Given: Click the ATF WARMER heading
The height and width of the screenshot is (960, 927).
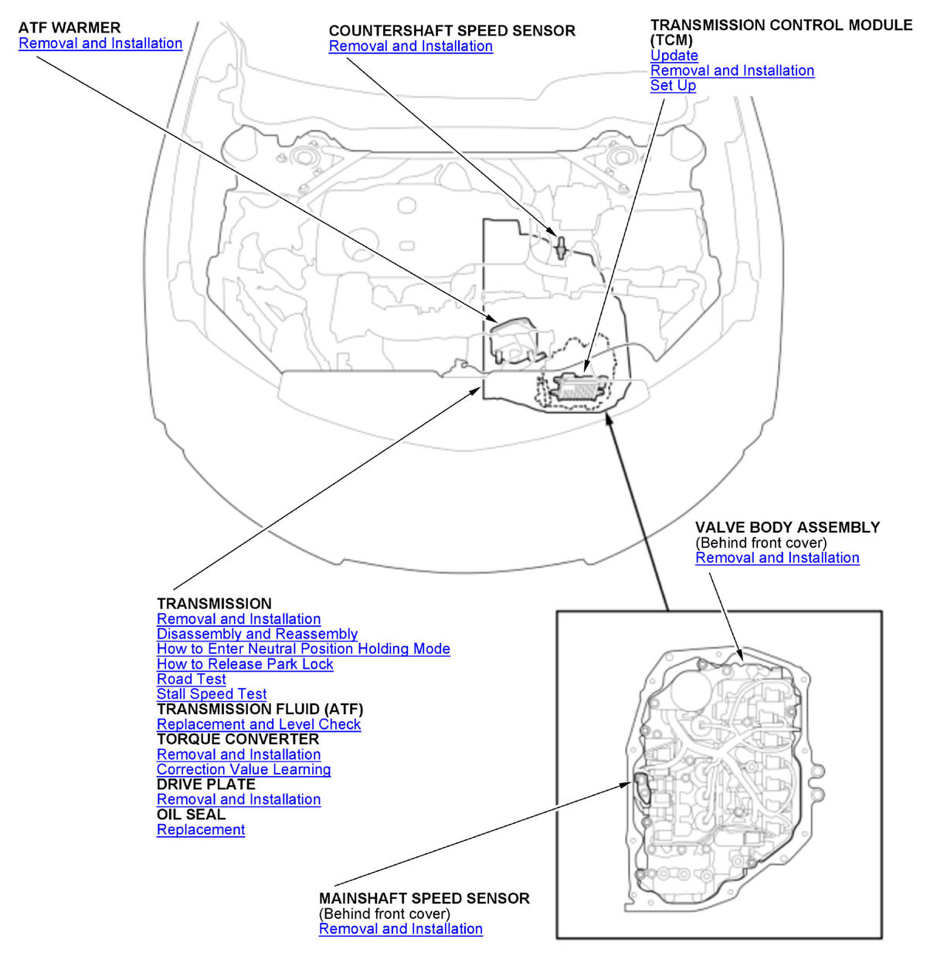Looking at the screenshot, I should tap(70, 28).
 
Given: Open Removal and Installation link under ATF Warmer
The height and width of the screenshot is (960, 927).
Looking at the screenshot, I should tap(100, 43).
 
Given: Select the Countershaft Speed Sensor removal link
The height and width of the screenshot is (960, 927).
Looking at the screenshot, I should tap(410, 46).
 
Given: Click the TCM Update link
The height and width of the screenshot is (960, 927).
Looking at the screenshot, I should tap(674, 56).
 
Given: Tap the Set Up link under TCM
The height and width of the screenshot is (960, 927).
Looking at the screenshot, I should tap(673, 86).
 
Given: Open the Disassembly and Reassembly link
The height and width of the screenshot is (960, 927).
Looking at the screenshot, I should tap(256, 634).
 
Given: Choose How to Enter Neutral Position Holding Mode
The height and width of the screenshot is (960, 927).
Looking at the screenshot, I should tap(303, 649).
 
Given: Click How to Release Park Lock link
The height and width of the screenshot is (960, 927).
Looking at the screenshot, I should tap(245, 664).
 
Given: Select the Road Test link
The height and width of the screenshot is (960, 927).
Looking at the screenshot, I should tap(191, 679).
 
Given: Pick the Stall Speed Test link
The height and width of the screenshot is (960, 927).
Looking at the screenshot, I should tap(211, 694).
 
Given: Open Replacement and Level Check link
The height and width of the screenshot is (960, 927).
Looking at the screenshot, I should tap(258, 724).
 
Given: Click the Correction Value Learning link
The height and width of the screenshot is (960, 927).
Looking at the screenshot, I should tap(243, 770).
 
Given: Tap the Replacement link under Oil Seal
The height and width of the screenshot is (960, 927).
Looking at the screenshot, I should tap(200, 830).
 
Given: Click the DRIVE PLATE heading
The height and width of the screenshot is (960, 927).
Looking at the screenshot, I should tap(205, 785).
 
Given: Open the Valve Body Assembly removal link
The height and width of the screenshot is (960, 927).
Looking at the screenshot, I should tap(776, 558).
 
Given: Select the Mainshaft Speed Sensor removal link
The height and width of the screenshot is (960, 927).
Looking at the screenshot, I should tap(400, 929).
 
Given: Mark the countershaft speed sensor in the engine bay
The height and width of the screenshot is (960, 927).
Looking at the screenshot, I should tap(562, 246).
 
